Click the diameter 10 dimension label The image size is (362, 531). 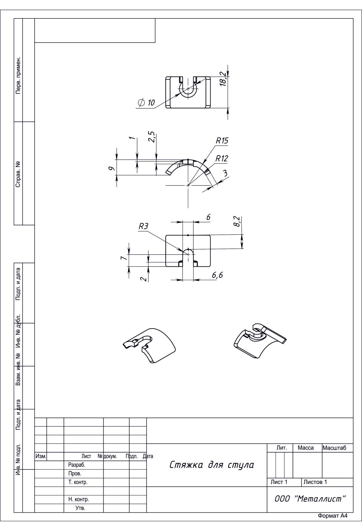click(146, 103)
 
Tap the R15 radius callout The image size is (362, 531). click(222, 141)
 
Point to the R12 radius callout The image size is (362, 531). click(222, 159)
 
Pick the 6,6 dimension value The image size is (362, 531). click(217, 275)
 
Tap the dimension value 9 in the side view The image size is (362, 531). click(112, 168)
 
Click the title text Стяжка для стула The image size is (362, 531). click(211, 465)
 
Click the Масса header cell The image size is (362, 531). click(306, 448)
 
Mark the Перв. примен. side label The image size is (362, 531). click(18, 75)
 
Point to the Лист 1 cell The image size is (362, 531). click(279, 482)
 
